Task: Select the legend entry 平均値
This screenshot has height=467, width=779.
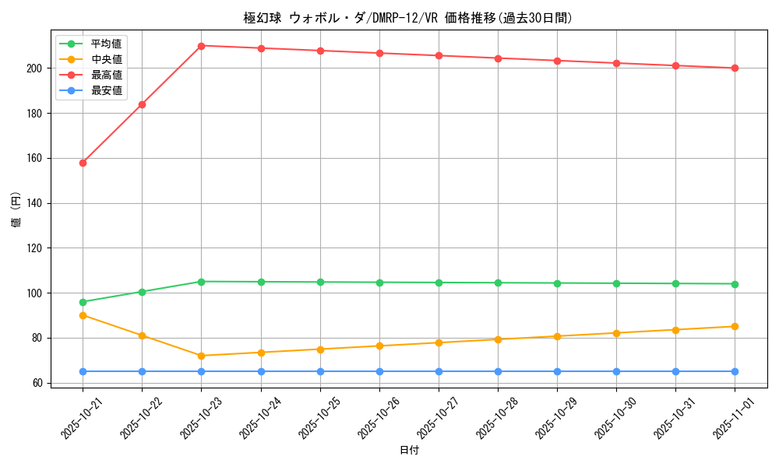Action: point(106,44)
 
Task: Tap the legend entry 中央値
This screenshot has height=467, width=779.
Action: point(106,59)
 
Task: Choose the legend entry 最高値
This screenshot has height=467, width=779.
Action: point(106,75)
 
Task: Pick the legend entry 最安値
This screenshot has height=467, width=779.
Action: point(106,90)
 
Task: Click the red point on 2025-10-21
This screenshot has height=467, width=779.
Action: point(83,163)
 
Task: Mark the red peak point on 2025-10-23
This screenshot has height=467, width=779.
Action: point(201,46)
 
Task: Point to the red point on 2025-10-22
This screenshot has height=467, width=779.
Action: point(142,104)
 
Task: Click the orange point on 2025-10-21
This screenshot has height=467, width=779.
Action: point(83,315)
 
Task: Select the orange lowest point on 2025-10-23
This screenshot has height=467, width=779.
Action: point(201,356)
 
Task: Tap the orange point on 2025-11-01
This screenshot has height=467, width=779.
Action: point(735,326)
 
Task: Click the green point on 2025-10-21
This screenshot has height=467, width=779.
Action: point(83,302)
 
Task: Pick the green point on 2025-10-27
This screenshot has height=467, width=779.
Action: point(439,283)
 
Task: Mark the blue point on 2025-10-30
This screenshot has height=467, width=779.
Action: point(616,371)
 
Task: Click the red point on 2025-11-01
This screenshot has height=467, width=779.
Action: point(735,68)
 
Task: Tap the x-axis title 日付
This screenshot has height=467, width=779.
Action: point(408,451)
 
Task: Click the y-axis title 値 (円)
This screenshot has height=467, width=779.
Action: point(15,209)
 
